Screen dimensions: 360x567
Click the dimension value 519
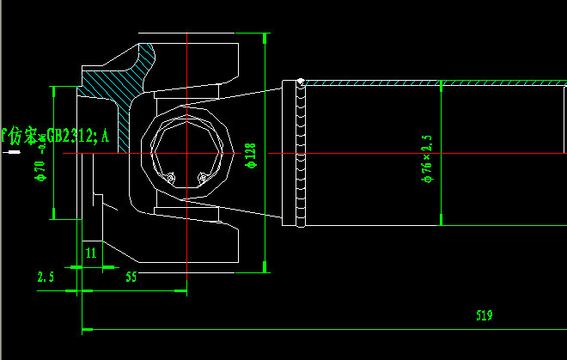(484, 316)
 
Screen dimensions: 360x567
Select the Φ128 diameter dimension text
(251, 156)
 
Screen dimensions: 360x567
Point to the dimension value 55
(131, 277)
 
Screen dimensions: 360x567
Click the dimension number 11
(89, 252)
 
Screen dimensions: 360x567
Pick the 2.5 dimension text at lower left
(46, 277)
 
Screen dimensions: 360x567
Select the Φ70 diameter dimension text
(40, 173)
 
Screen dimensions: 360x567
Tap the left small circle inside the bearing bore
(170, 179)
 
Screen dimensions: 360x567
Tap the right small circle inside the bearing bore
(203, 179)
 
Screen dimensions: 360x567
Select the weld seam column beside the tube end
(301, 155)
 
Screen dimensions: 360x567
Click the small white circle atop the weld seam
(301, 82)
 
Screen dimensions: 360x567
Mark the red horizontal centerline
(387, 154)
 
